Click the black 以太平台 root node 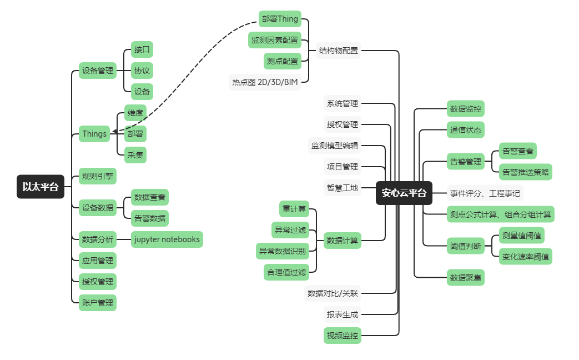41,187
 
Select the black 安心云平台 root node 404,193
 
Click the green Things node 94,133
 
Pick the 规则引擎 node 98,176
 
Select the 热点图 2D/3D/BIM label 265,82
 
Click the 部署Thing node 280,19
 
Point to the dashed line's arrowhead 113,132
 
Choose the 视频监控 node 343,335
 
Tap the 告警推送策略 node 526,172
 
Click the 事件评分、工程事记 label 485,193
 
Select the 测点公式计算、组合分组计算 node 501,214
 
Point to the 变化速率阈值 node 526,256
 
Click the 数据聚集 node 466,277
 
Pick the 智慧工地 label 343,187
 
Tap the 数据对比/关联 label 333,293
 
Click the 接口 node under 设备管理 142,49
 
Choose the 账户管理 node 98,303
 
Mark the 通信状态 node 466,130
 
